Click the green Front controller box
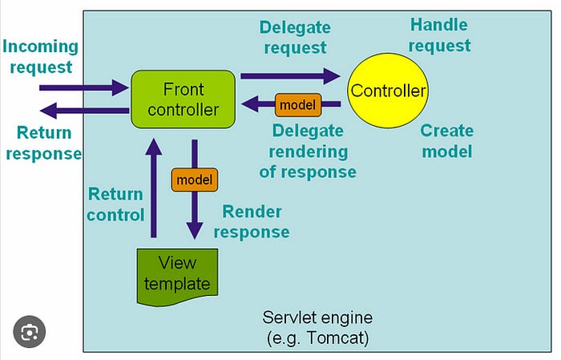tap(184, 98)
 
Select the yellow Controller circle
tap(388, 90)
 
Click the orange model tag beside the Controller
tap(297, 104)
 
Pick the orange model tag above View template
tap(194, 180)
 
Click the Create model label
tap(446, 140)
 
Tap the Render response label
tap(255, 222)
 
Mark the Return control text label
tap(115, 204)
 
